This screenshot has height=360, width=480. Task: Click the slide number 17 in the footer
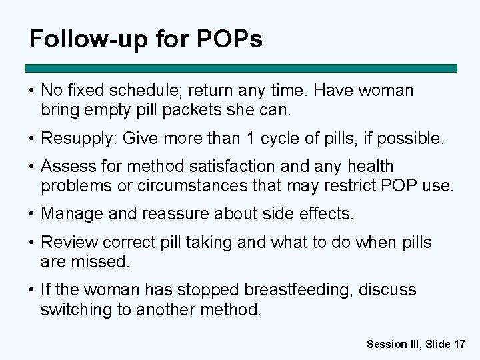459,344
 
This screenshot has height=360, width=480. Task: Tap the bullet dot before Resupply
31,139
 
